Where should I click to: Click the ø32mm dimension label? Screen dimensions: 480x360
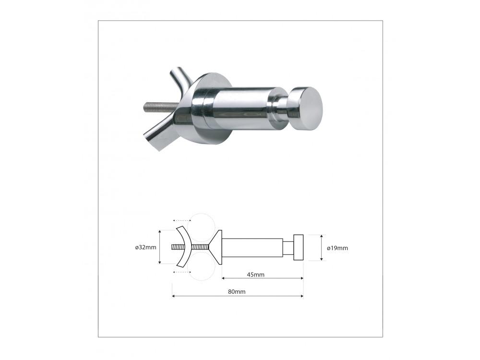[146, 247]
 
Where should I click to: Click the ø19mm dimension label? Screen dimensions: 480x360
[337, 248]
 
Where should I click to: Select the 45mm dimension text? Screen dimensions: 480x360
[256, 275]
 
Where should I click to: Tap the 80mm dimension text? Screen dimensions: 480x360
[237, 292]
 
